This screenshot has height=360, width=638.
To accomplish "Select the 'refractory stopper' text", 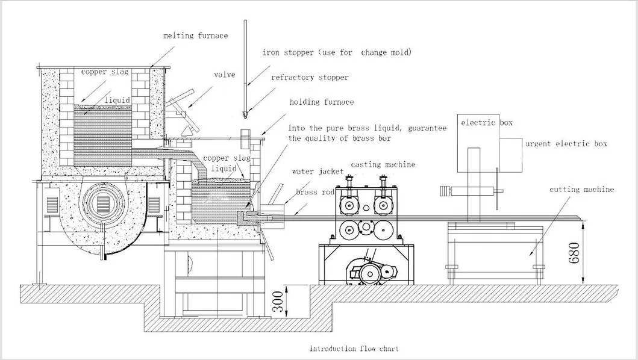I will (310, 78).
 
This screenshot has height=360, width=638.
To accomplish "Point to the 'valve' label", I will (224, 75).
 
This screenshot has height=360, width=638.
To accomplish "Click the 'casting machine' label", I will (383, 164).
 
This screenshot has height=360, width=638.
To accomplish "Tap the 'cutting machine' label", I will (581, 190).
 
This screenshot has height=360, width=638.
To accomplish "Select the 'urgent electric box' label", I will (566, 144).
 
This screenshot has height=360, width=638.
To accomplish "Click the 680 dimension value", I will (573, 254).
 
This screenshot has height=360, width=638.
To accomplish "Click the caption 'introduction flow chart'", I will (354, 349).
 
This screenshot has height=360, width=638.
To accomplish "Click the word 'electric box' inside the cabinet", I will (486, 123).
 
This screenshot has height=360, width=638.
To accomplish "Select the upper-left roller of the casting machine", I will (348, 205).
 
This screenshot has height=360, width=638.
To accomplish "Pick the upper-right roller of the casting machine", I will (381, 205).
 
